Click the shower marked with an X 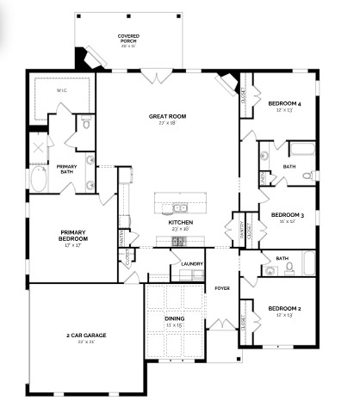point(40,146)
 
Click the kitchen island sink point(180,207)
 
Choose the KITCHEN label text point(180,223)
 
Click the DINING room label point(173,318)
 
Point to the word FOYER point(222,288)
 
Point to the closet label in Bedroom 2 point(245,320)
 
